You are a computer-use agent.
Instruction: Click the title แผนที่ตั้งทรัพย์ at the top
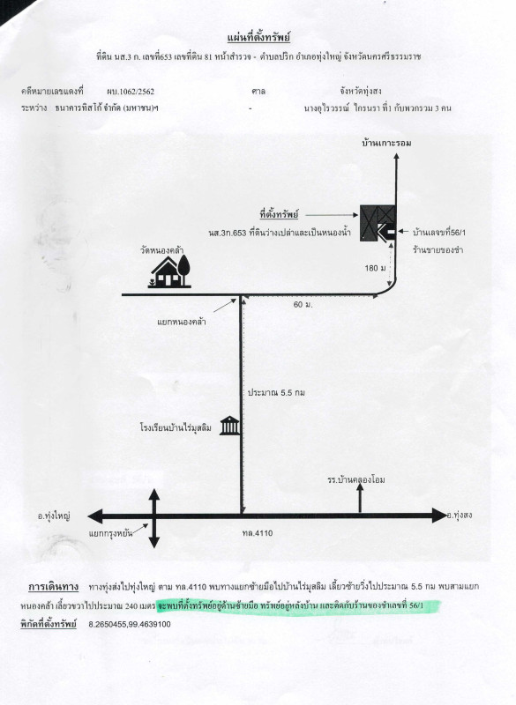point(258,37)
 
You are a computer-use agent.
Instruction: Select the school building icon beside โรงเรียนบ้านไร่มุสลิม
point(229,426)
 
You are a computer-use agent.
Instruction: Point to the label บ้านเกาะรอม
point(386,143)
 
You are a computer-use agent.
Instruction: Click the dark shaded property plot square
point(378,223)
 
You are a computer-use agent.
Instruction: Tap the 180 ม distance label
point(375,269)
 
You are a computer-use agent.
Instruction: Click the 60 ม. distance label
point(303,305)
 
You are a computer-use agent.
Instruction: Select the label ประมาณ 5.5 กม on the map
point(277,392)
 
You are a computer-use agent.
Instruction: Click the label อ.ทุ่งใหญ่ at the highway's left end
point(54,516)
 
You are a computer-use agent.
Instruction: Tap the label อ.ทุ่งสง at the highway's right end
point(460,516)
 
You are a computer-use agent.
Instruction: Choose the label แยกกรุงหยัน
point(110,534)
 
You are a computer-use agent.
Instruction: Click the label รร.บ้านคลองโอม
point(356,479)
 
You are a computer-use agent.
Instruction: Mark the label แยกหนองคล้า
point(182,322)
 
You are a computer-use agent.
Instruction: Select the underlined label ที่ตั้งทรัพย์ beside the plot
point(279,214)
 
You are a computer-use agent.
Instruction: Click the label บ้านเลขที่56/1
point(439,233)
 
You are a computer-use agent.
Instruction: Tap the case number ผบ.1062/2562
point(131,92)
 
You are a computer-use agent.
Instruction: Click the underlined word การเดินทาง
point(53,587)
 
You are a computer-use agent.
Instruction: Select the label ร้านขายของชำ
point(437,250)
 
